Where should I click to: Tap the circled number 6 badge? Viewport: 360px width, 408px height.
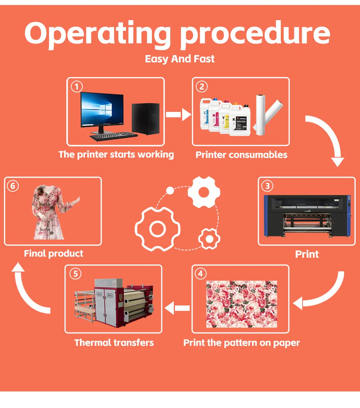[13, 186]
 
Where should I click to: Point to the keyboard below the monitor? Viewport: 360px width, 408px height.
[113, 136]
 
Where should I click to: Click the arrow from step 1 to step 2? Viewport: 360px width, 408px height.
[178, 115]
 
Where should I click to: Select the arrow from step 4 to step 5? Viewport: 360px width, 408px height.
[177, 308]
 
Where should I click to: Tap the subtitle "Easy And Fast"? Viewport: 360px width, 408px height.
[180, 59]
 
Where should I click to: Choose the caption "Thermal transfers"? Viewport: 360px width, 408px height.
[114, 343]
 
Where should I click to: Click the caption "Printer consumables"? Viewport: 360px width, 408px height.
[241, 155]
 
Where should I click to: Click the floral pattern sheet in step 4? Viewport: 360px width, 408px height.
[242, 304]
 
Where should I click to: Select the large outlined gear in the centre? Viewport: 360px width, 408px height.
[157, 229]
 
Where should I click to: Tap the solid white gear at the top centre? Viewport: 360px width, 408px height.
[203, 192]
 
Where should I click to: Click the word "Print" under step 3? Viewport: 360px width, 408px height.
[307, 254]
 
